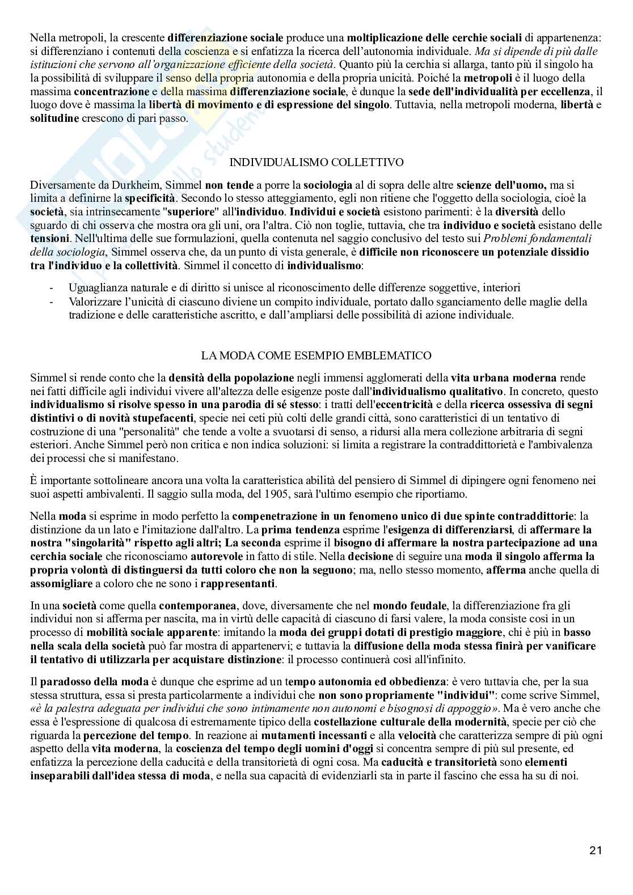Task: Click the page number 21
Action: coord(596,850)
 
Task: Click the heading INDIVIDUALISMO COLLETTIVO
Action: coord(316,162)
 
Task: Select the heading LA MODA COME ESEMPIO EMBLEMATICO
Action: coord(316,355)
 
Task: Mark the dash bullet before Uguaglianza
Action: coord(52,288)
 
